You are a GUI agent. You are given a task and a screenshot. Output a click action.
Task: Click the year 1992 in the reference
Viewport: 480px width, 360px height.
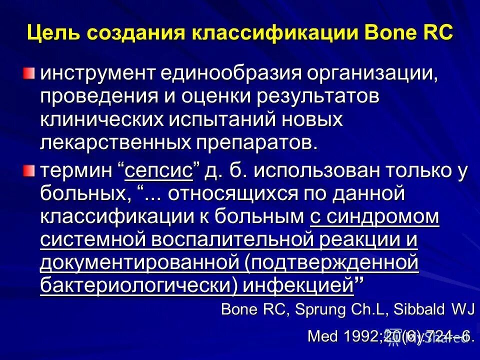click(x=356, y=336)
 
